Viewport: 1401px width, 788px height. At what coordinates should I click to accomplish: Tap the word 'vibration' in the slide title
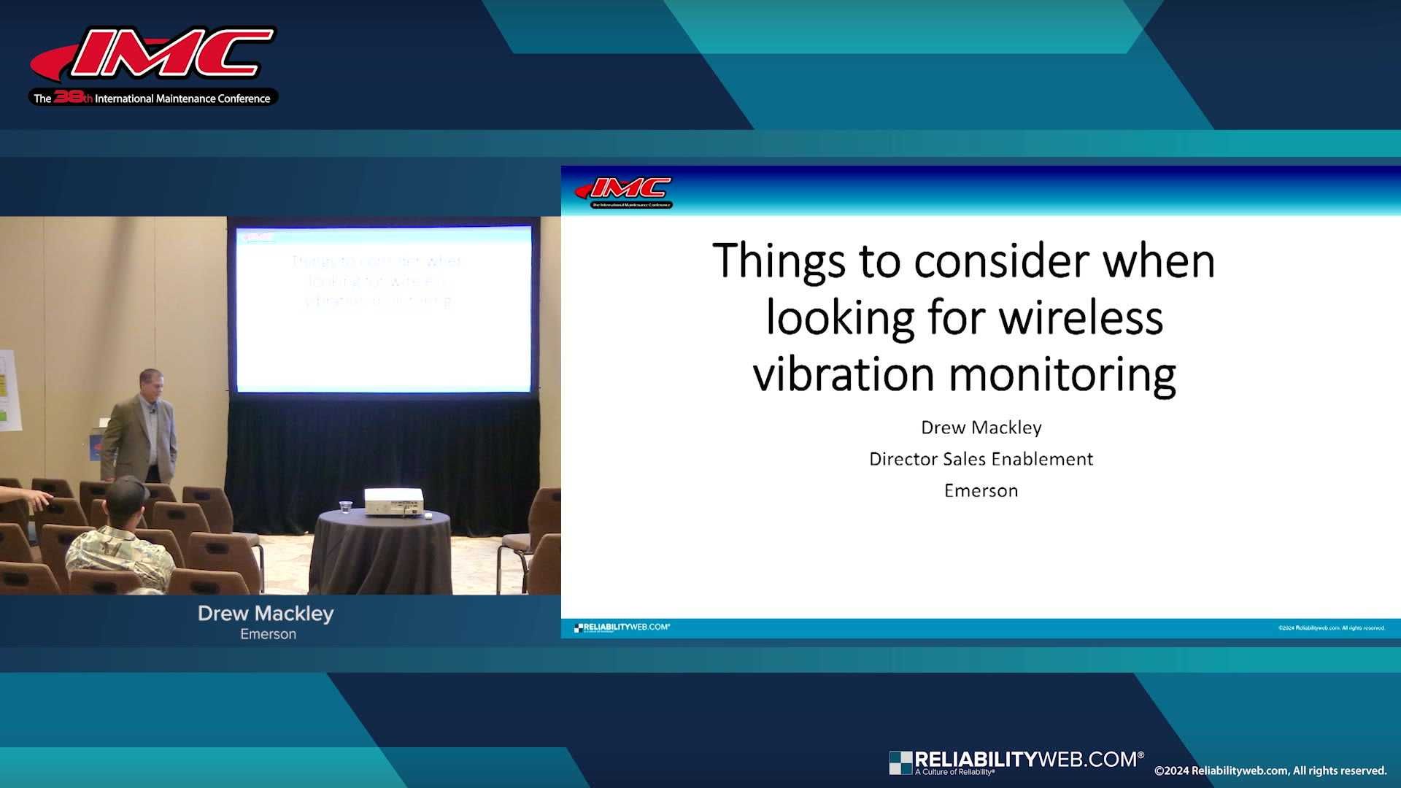(x=844, y=374)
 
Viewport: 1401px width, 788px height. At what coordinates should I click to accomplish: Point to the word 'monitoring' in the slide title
(x=1062, y=376)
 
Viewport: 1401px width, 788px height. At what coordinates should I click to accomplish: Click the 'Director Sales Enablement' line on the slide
(x=981, y=459)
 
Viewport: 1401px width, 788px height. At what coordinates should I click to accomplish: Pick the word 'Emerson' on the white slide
(x=981, y=490)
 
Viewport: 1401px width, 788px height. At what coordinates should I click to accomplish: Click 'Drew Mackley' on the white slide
(x=981, y=428)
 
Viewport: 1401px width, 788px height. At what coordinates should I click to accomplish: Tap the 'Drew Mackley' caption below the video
(x=266, y=614)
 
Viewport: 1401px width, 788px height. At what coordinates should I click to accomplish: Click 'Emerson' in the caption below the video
(x=268, y=635)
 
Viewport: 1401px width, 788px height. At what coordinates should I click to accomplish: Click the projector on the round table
(x=393, y=501)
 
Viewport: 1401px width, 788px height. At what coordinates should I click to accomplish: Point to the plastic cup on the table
(x=345, y=507)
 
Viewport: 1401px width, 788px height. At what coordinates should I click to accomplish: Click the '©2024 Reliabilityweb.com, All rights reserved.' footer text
(x=1270, y=770)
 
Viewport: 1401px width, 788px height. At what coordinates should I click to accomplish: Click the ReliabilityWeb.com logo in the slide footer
(x=622, y=627)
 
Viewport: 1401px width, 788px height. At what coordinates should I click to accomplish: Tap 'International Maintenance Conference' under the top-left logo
(x=182, y=98)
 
